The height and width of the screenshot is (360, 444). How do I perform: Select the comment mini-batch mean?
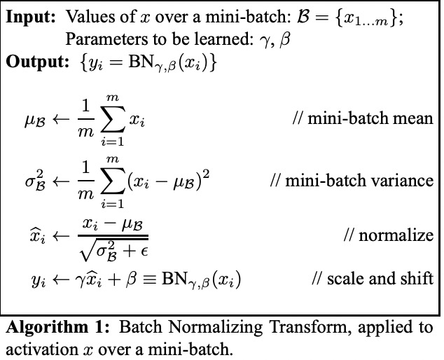(x=363, y=118)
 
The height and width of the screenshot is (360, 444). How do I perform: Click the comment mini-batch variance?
(x=352, y=181)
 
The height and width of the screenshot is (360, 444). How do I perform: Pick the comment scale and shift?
(x=373, y=278)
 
